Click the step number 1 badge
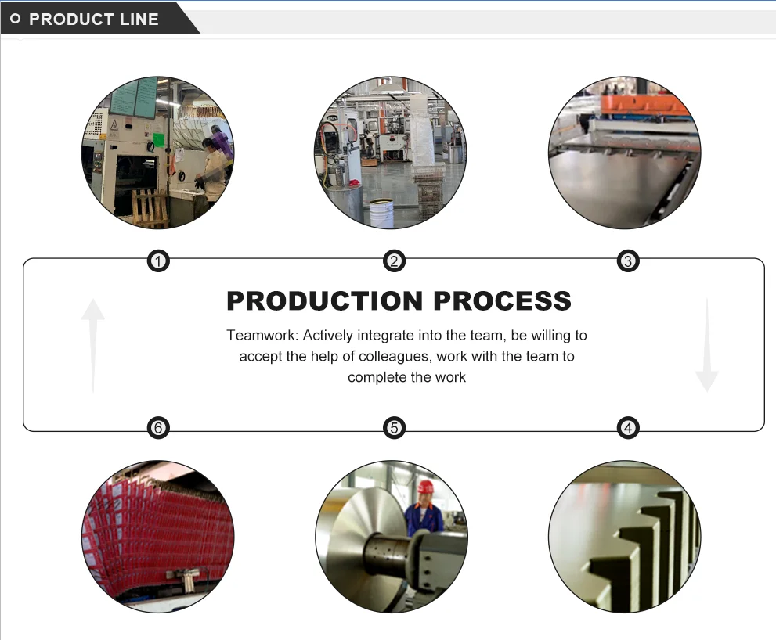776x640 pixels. pos(158,261)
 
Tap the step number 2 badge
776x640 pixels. pos(394,261)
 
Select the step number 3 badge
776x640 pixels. pos(627,261)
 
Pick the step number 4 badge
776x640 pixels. pos(627,428)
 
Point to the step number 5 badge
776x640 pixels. pos(394,428)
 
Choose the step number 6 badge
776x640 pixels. pos(158,428)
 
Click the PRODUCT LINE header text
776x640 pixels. pos(94,20)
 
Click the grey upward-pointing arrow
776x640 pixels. pos(93,344)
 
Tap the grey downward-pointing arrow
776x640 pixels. pos(706,344)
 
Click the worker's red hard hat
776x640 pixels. pos(425,487)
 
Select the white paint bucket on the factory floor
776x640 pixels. pos(381,213)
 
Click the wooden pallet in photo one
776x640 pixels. pos(149,207)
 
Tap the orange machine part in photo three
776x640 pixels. pos(641,102)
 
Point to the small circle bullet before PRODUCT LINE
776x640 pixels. pos(16,20)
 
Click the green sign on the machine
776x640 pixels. pos(159,140)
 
